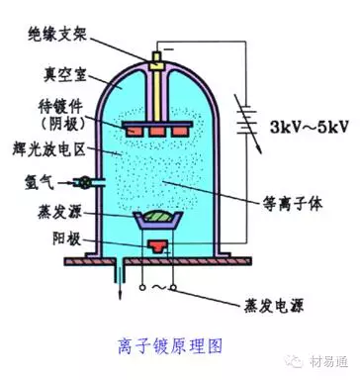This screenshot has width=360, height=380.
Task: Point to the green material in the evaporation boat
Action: point(155,215)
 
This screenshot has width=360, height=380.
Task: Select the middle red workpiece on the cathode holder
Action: point(155,129)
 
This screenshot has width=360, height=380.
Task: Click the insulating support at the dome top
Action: point(155,58)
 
